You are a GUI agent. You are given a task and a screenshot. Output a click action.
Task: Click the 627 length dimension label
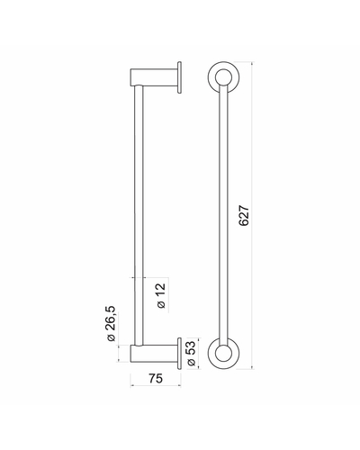[x=244, y=216]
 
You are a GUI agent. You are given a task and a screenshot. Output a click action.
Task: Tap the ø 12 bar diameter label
[x=161, y=295]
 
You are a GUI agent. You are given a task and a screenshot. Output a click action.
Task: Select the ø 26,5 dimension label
[x=111, y=323]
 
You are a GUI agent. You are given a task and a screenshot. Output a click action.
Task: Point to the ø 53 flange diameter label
[x=191, y=354]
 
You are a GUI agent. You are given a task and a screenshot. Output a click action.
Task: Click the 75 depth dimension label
[x=156, y=378]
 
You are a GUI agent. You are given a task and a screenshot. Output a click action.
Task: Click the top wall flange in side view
[x=179, y=77]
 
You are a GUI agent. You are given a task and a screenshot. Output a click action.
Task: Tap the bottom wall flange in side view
[x=179, y=354]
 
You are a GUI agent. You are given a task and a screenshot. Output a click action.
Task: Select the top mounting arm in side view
[x=154, y=77]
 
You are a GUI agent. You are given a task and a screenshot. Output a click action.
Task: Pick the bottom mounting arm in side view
[x=154, y=354]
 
